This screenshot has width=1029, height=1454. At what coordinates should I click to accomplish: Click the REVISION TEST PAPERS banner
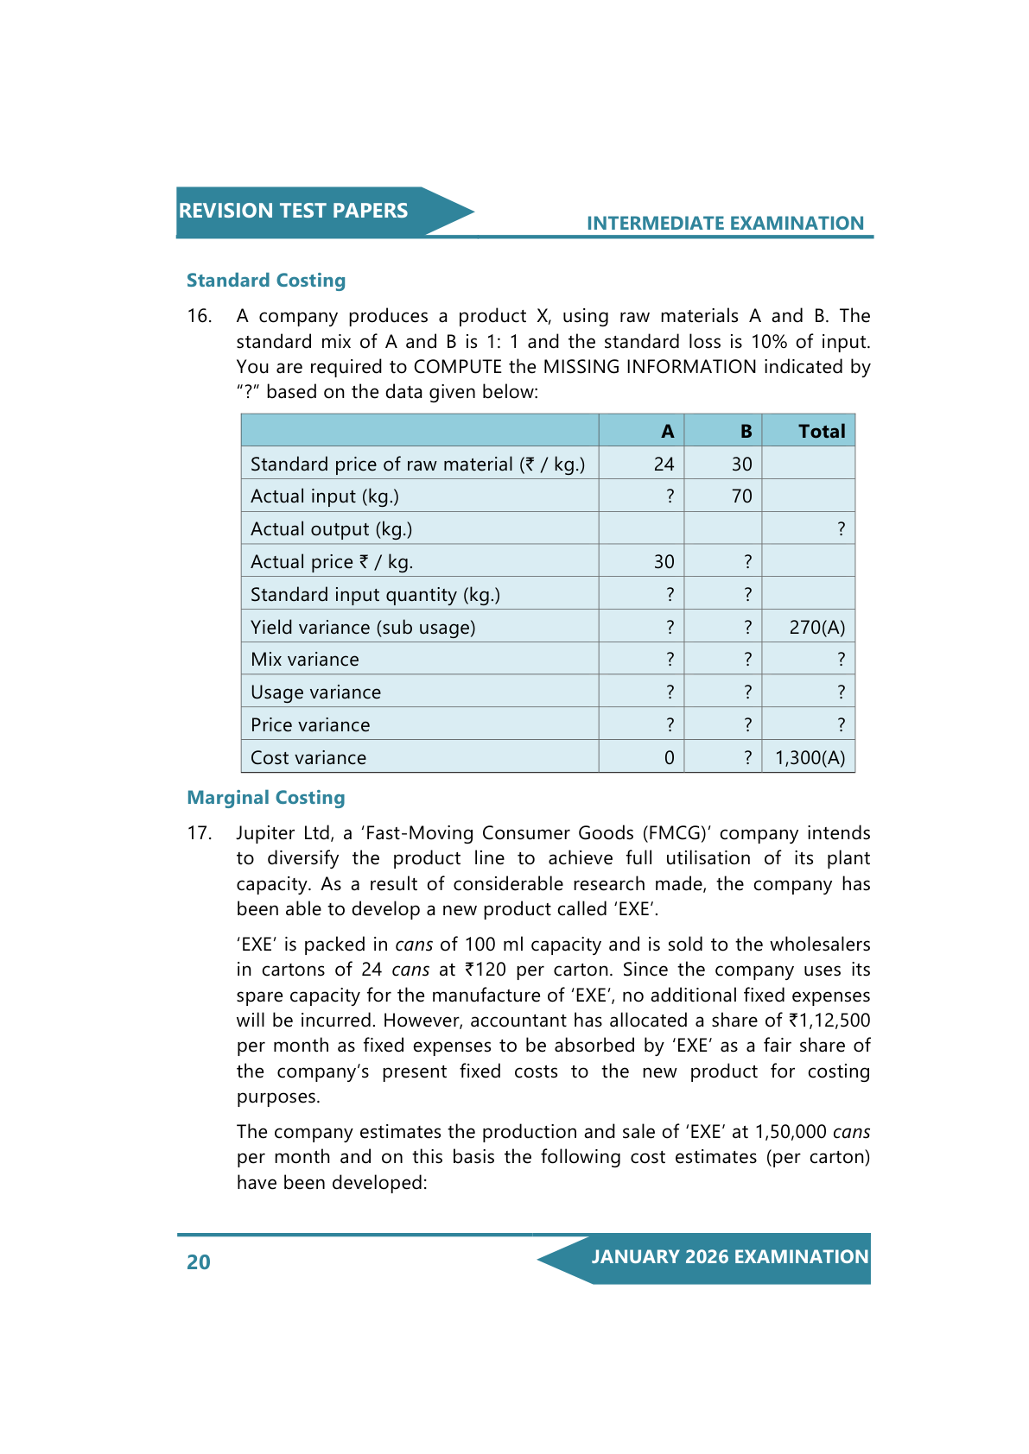click(x=294, y=211)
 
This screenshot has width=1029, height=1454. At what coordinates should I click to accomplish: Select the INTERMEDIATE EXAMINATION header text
click(x=725, y=224)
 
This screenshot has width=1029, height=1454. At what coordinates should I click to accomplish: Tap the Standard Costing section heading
click(x=266, y=281)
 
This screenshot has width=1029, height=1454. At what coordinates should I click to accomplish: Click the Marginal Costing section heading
click(x=266, y=798)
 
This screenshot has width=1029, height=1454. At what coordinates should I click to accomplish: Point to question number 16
click(x=200, y=316)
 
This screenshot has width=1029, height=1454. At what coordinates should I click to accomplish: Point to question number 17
click(x=200, y=833)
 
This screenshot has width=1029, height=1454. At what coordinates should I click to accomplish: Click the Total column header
click(x=822, y=432)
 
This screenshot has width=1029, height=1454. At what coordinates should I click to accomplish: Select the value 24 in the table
click(x=664, y=465)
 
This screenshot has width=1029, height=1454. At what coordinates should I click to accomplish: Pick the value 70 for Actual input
click(x=741, y=496)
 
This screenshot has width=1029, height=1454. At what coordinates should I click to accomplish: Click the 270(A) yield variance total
click(x=816, y=628)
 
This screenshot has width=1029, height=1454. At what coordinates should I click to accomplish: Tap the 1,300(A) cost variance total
click(x=810, y=758)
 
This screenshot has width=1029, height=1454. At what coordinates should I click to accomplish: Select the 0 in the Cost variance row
click(x=669, y=758)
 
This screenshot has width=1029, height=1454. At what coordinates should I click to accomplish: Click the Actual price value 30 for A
click(x=664, y=562)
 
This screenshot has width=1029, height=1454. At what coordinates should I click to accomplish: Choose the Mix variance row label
click(x=305, y=660)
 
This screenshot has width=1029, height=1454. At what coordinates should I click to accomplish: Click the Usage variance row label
click(x=315, y=692)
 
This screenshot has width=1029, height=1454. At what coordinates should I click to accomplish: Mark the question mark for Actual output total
click(x=841, y=529)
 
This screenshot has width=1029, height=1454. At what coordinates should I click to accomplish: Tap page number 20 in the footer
click(x=199, y=1262)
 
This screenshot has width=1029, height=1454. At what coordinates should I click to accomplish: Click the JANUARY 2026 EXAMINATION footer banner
click(x=729, y=1257)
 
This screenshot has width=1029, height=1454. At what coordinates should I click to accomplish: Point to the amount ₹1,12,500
click(x=829, y=1021)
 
